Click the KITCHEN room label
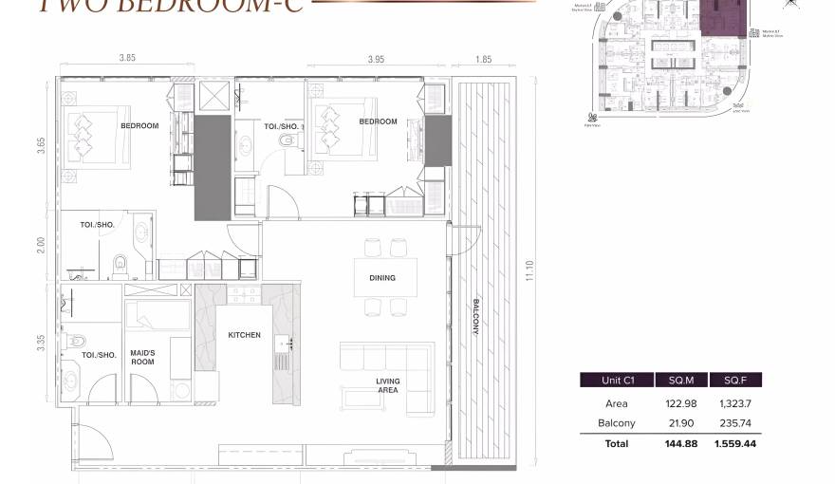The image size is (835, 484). tap(244, 335)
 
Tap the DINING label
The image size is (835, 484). tap(382, 278)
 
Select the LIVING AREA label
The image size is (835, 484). tap(387, 385)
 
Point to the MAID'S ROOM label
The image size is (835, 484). tap(142, 358)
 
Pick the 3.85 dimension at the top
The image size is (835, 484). tap(127, 58)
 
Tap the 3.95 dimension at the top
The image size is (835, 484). tap(377, 59)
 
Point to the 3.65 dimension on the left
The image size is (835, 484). tap(41, 146)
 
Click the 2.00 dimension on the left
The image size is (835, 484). tap(41, 245)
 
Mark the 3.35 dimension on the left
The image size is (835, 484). tap(41, 342)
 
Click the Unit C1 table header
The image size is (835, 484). tap(618, 380)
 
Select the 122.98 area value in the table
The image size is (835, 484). tap(681, 403)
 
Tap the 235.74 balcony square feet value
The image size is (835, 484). tap(735, 423)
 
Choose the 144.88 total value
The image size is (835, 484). tap(681, 443)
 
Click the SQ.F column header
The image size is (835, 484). tap(735, 380)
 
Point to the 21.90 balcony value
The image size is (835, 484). tap(681, 423)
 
